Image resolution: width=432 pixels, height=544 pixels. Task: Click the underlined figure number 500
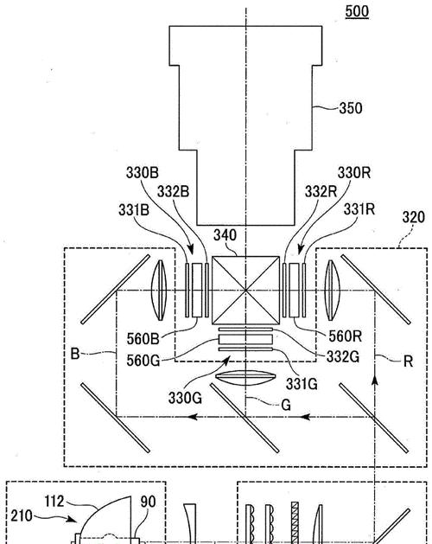357,11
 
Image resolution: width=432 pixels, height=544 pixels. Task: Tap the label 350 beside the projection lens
351,108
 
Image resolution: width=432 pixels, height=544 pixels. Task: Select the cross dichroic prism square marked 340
245,290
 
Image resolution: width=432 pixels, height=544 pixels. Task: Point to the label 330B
143,172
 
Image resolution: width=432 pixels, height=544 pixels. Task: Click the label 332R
321,191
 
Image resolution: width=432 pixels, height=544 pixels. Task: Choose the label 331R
359,209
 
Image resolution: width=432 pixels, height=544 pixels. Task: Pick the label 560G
143,361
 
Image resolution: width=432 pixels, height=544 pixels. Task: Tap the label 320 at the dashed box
413,218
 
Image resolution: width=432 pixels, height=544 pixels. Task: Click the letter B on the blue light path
75,354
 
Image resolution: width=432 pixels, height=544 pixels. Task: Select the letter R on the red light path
408,362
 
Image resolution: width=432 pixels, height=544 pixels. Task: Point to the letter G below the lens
286,405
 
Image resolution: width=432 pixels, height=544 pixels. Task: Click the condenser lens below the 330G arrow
245,378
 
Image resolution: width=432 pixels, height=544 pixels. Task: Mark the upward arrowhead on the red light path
374,380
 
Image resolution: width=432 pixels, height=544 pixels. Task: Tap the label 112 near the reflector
54,502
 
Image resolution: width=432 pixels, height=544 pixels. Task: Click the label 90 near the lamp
148,502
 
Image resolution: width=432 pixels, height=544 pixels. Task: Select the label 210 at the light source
22,516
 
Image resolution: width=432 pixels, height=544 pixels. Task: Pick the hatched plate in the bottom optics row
295,523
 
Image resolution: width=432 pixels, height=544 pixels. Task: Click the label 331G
302,384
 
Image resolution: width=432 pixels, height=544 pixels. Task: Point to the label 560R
345,336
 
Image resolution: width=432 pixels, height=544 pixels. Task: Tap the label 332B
174,191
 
